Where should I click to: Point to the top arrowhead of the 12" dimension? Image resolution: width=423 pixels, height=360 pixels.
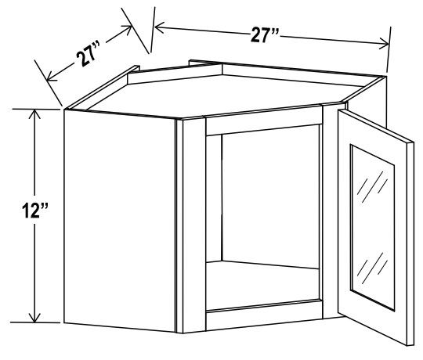pyautogui.click(x=34, y=113)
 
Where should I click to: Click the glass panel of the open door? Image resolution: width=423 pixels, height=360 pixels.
pyautogui.click(x=373, y=227)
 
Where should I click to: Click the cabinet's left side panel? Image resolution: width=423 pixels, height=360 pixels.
pyautogui.click(x=117, y=219)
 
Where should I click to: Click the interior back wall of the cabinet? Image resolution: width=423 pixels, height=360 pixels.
pyautogui.click(x=266, y=196)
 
